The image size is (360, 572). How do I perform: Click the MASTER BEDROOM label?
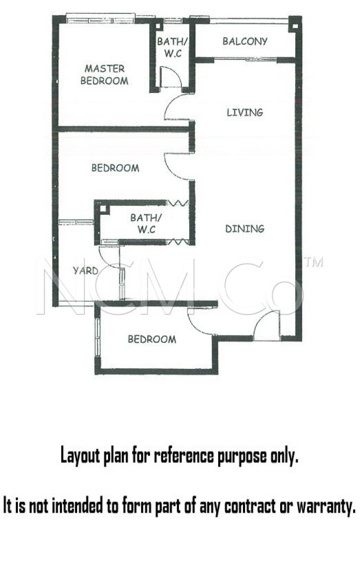coord(104,75)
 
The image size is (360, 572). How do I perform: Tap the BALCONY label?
coord(245,41)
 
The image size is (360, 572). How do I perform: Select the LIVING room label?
coord(245,112)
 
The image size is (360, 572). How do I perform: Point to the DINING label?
coord(245,229)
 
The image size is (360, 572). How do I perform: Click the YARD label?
coord(85,271)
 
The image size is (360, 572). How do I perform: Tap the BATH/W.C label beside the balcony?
coord(172,47)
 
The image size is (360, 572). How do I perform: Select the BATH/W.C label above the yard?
coord(146,223)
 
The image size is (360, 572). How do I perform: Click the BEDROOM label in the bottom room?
coord(152,339)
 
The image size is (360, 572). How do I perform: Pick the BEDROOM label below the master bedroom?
coord(115,168)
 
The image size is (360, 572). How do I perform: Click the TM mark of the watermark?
coord(313,262)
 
